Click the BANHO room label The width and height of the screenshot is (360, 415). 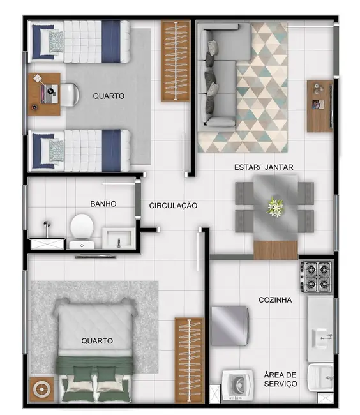(103, 204)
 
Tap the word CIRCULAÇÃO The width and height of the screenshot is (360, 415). (173, 206)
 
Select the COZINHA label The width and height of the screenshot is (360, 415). (276, 299)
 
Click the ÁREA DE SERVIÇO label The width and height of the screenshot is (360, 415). (280, 379)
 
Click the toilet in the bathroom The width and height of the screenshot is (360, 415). (82, 229)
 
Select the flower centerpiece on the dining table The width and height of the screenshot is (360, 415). (275, 206)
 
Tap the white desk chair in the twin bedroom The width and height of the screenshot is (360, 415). (67, 94)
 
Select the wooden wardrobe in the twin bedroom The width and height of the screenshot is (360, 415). (176, 61)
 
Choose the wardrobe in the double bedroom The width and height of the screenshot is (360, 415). (190, 359)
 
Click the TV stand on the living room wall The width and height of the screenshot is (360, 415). (319, 106)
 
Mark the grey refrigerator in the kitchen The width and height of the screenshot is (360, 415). (229, 326)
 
